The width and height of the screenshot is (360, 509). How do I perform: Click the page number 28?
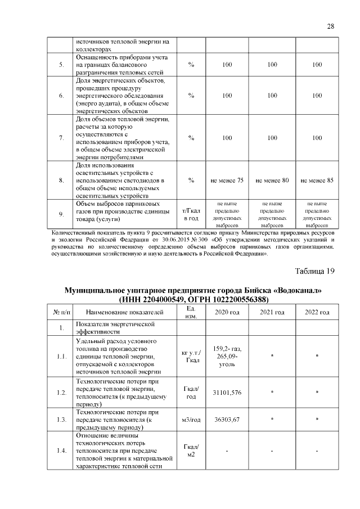tap(330, 26)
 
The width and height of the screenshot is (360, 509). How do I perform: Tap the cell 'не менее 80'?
tap(272, 181)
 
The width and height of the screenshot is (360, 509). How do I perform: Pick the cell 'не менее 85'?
tap(317, 181)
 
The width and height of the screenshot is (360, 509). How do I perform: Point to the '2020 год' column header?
tap(227, 312)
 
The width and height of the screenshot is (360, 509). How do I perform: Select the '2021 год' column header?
tap(272, 312)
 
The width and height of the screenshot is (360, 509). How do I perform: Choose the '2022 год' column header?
tap(317, 312)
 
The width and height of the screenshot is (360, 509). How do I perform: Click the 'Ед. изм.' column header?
tap(191, 312)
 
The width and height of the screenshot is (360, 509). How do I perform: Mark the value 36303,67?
tap(227, 419)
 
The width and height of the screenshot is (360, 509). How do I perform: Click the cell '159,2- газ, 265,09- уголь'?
tap(227, 357)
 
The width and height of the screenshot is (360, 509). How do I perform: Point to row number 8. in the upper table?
tap(61, 181)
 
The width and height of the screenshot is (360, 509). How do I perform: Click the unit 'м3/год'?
tap(191, 419)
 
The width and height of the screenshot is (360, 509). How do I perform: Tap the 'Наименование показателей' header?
tap(125, 312)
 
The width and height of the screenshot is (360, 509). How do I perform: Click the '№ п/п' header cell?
tap(61, 312)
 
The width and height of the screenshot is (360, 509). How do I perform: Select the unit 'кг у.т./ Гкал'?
tap(191, 357)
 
